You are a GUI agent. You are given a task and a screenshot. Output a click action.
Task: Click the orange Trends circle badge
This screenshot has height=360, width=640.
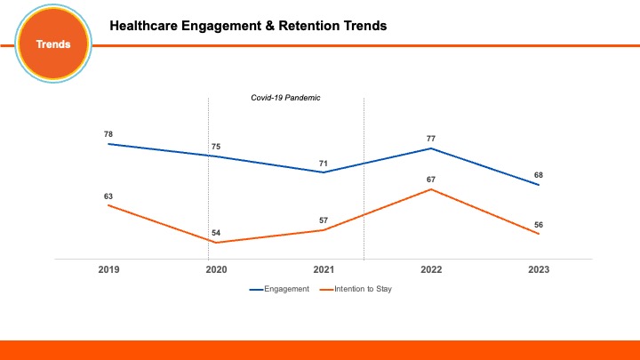[52, 44]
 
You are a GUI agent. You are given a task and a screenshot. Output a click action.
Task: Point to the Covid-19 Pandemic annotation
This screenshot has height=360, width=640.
[284, 98]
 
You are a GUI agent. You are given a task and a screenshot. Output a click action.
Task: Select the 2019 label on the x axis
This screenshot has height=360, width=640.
[108, 269]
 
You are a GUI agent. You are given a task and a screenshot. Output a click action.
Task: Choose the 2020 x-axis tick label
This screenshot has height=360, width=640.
[216, 269]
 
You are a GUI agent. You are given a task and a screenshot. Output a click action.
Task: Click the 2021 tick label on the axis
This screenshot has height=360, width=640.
[324, 269]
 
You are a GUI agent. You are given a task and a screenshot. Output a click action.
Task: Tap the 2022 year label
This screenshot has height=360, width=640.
[431, 269]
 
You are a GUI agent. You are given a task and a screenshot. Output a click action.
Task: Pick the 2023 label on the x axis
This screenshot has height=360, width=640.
[539, 269]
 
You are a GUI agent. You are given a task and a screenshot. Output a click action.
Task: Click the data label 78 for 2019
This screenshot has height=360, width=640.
[108, 133]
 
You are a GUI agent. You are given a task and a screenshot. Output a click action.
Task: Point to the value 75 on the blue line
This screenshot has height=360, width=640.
[216, 146]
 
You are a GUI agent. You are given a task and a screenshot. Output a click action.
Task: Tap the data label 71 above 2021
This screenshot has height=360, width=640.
[324, 163]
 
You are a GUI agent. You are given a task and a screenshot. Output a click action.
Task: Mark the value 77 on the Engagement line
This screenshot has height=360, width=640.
[431, 138]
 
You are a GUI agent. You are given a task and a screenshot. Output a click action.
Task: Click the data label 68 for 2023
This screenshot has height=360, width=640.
[539, 175]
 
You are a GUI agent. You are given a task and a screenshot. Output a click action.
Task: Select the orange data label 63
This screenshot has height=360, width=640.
[108, 196]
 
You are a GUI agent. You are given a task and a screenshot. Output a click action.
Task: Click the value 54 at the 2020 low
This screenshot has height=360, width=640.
[216, 233]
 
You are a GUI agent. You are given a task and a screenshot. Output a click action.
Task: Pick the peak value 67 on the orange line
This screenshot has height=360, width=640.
[431, 179]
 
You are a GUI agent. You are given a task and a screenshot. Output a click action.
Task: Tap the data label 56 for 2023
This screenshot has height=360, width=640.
[539, 224]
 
